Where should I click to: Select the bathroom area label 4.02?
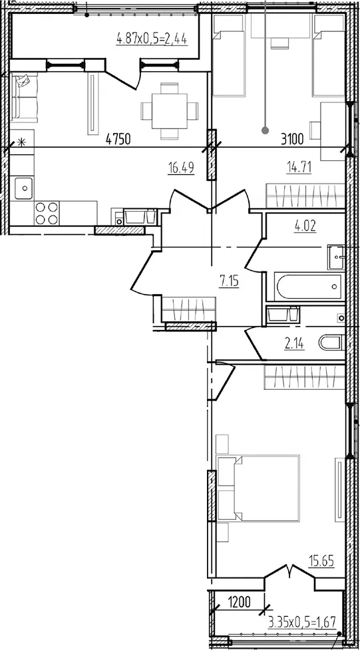304,227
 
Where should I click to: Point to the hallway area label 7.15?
230,283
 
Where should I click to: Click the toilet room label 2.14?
294,344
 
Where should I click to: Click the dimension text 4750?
118,139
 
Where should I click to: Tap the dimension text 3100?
293,139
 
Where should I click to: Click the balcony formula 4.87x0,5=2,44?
152,40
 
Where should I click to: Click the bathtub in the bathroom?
309,286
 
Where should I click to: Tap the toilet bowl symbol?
332,343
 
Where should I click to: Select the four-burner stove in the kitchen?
47,213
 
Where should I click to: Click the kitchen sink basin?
25,188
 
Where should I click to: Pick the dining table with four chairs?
169,111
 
